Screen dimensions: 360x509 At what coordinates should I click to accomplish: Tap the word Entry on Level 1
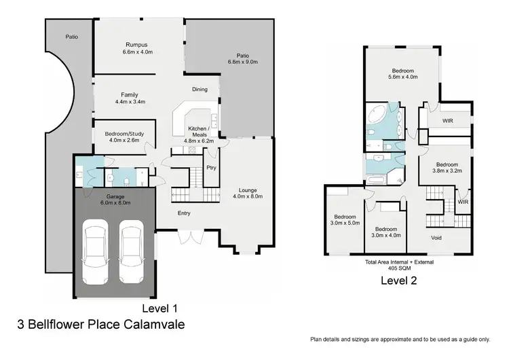click(x=184, y=213)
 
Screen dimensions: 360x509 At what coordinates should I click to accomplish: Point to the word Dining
click(x=200, y=89)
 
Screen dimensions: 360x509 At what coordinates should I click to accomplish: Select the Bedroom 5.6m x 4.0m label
click(x=404, y=73)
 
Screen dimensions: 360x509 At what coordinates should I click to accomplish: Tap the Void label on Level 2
click(x=438, y=238)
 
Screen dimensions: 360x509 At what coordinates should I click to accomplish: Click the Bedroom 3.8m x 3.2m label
click(x=447, y=168)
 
